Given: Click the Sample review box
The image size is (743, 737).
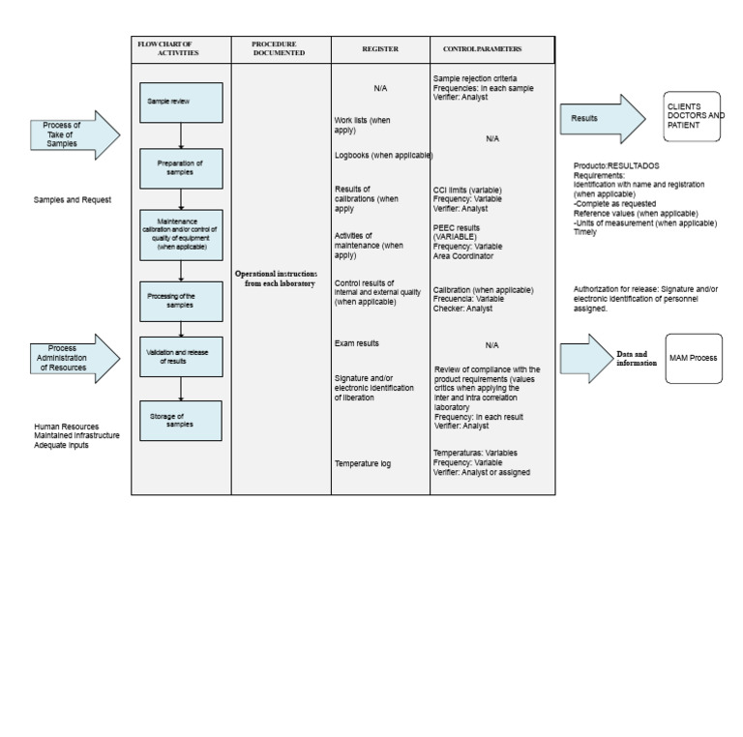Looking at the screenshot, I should (181, 102).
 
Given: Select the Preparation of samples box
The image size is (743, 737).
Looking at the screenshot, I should (181, 167).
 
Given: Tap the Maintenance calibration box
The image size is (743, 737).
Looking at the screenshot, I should (181, 234).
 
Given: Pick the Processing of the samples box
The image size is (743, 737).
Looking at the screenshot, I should (181, 301).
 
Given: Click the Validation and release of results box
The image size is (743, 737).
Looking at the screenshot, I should (181, 356).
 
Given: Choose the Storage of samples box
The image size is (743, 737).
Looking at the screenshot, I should (181, 421).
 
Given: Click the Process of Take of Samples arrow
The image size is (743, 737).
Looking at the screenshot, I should (74, 135).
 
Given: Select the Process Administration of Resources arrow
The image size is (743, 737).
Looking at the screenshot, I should (74, 358).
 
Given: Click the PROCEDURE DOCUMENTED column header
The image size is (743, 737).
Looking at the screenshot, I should (280, 49).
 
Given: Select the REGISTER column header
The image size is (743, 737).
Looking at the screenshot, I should (380, 49).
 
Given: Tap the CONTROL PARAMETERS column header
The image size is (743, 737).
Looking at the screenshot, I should (483, 49).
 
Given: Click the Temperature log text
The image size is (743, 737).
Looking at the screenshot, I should (363, 464).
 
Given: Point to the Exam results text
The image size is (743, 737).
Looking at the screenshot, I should (357, 343).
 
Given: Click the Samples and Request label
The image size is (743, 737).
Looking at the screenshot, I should (73, 200).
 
